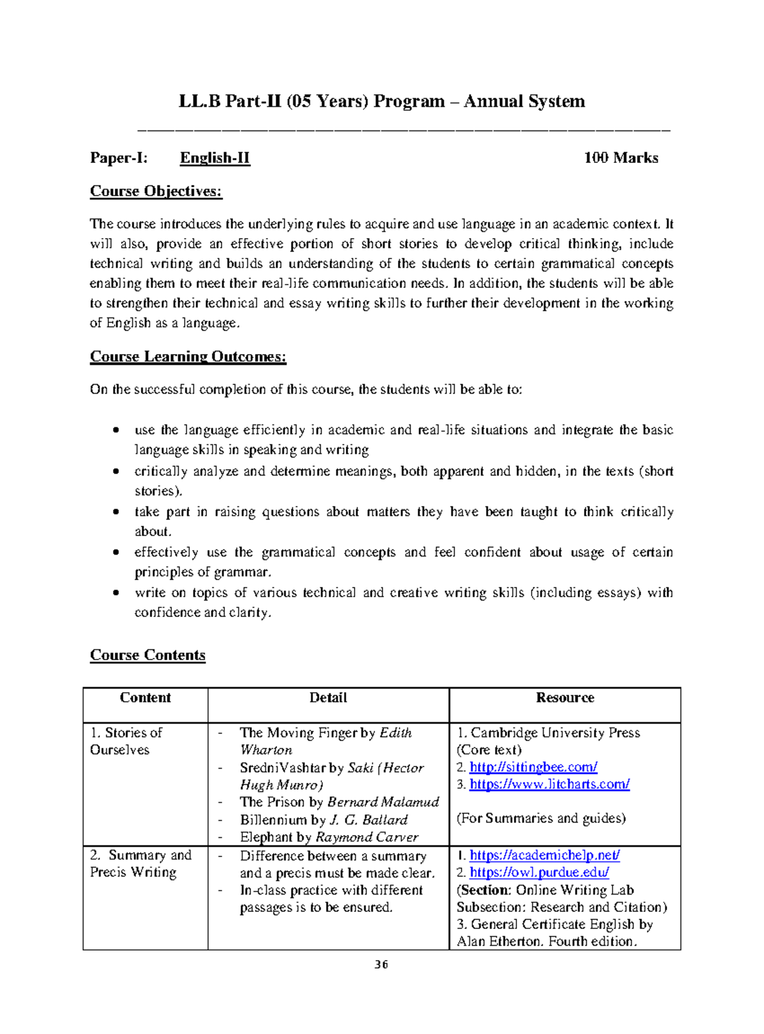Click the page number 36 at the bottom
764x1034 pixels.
[381, 965]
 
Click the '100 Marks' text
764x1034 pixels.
[621, 158]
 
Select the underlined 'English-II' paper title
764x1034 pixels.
[215, 158]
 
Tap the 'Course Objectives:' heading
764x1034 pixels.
[156, 191]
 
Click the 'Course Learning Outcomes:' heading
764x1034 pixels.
[188, 357]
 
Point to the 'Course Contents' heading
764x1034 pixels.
[148, 655]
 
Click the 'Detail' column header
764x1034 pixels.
[328, 698]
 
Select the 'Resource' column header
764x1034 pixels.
[565, 698]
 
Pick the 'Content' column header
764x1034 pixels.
[145, 698]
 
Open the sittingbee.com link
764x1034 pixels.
[533, 767]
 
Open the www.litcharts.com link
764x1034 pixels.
[549, 784]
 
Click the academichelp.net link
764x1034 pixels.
[544, 855]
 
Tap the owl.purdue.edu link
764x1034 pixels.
[539, 872]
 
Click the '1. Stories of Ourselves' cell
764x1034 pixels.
[126, 741]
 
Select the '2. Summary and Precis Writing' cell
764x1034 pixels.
[140, 863]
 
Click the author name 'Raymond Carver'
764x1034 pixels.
[367, 837]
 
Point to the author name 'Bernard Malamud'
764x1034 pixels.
[383, 802]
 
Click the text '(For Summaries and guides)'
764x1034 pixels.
[541, 818]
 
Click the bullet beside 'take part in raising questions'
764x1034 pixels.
[115, 512]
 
